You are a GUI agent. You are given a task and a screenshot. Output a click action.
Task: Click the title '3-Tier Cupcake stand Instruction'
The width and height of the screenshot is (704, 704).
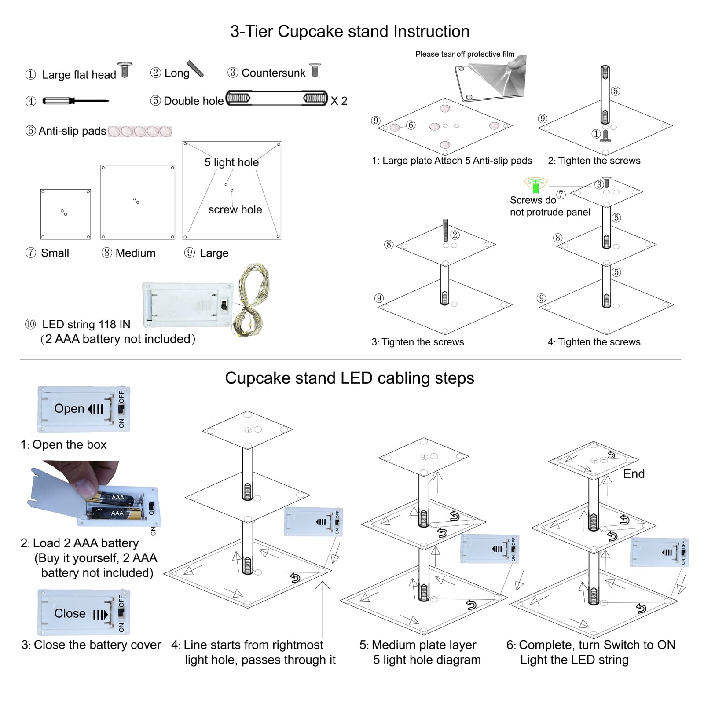pyautogui.click(x=350, y=32)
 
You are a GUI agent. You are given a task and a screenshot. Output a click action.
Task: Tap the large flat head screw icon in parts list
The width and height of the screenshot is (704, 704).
pyautogui.click(x=125, y=70)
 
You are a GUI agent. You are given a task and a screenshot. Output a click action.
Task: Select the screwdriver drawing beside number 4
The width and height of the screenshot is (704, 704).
pyautogui.click(x=75, y=101)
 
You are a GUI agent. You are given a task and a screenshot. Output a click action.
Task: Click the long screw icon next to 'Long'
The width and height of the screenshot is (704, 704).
pyautogui.click(x=195, y=69)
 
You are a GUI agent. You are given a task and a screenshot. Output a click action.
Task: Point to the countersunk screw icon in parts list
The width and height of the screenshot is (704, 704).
pyautogui.click(x=315, y=70)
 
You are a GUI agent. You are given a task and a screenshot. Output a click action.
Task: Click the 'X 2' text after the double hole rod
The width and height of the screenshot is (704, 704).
pyautogui.click(x=339, y=101)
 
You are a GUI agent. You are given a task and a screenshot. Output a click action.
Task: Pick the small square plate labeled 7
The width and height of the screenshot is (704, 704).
pyautogui.click(x=66, y=214)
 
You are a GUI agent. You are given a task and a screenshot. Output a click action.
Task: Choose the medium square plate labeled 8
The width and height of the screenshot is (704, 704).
pyautogui.click(x=138, y=202)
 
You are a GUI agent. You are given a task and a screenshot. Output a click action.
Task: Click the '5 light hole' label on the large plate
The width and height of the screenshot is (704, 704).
pyautogui.click(x=231, y=162)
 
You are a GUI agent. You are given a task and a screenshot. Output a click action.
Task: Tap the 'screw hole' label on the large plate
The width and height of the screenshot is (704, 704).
pyautogui.click(x=235, y=209)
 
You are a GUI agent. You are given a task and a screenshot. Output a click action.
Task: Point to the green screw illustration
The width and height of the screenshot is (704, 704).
pyautogui.click(x=535, y=185)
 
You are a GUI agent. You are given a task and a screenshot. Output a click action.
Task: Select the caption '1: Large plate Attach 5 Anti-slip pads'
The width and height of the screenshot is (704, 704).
pyautogui.click(x=452, y=161)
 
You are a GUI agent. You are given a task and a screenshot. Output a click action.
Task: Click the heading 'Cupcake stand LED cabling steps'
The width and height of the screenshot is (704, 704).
pyautogui.click(x=349, y=378)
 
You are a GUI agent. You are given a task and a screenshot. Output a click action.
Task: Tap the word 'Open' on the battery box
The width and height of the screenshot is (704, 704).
pyautogui.click(x=69, y=409)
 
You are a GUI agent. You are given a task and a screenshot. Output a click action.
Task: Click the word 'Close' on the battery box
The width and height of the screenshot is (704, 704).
pyautogui.click(x=70, y=613)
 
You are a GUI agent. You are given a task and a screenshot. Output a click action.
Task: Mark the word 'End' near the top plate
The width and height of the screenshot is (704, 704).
pyautogui.click(x=634, y=474)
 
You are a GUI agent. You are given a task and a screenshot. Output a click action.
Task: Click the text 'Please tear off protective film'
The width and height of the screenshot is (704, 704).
pyautogui.click(x=465, y=54)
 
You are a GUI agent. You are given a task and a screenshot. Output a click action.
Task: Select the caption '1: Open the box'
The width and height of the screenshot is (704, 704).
pyautogui.click(x=63, y=445)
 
